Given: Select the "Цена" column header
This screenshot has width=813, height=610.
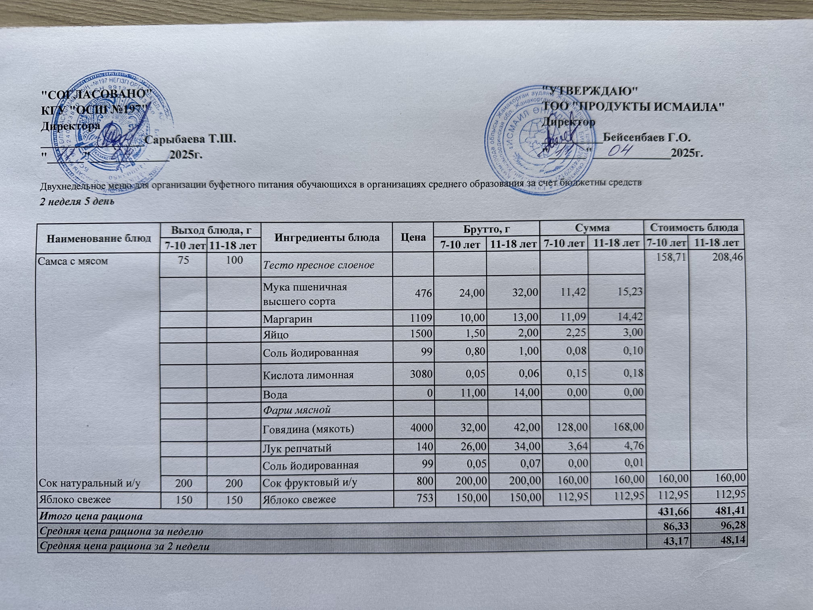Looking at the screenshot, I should click(x=413, y=237).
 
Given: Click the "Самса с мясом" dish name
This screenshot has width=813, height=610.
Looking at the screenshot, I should click(x=73, y=261).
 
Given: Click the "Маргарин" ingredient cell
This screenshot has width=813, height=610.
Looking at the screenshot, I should click(x=287, y=319).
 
